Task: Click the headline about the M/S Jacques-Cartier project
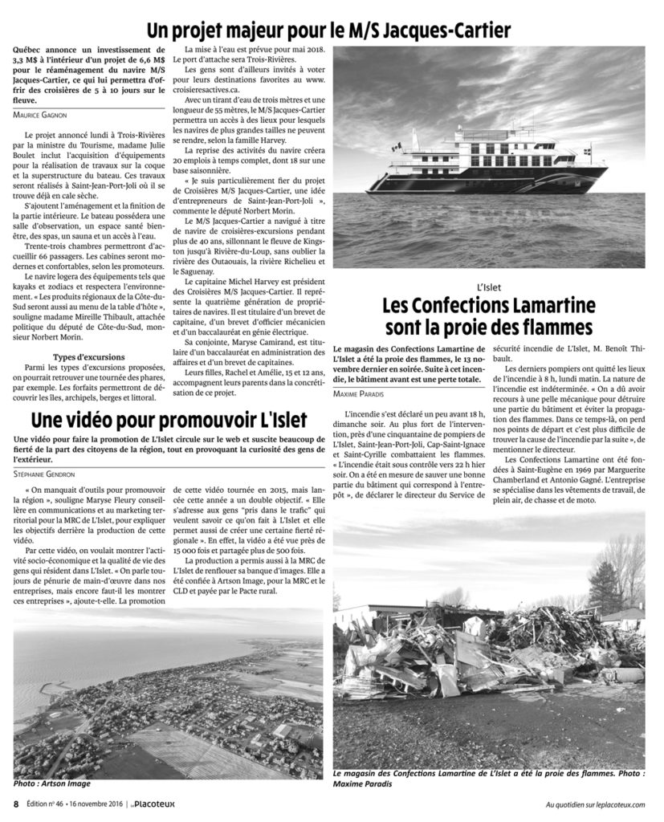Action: pyautogui.click(x=328, y=31)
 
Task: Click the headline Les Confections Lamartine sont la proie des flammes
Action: pyautogui.click(x=488, y=317)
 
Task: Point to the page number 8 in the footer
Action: pyautogui.click(x=15, y=804)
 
